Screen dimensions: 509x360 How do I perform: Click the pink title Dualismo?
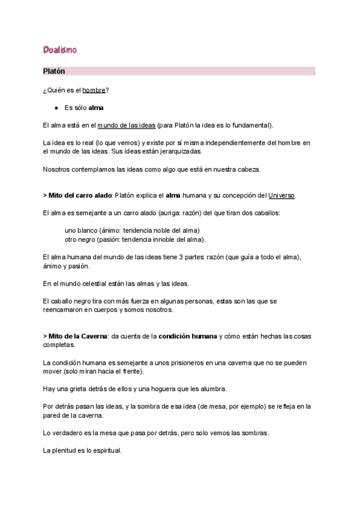59,49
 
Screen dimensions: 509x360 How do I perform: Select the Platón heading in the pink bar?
54,71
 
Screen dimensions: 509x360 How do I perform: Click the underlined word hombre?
94,90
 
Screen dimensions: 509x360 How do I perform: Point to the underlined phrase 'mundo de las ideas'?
126,125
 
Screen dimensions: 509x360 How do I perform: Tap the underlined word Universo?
281,196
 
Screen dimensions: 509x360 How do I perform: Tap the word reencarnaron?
65,310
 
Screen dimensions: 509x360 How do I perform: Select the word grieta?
68,389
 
